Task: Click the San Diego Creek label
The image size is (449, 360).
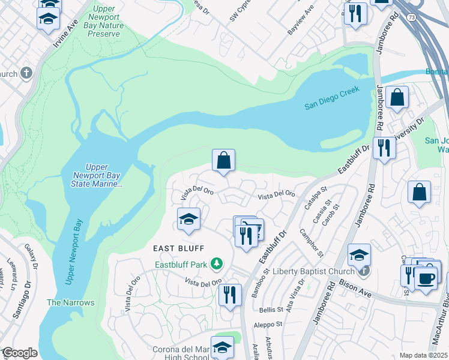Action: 331,98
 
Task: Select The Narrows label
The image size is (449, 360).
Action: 71,302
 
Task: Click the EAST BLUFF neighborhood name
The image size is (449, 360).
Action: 178,248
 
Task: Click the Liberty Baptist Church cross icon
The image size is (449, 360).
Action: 364,272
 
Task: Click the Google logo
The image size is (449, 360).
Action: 19,353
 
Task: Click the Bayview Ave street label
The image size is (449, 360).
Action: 301,20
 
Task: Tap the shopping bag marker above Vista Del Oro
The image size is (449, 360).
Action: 223,161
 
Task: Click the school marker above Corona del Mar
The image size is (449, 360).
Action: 222,347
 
